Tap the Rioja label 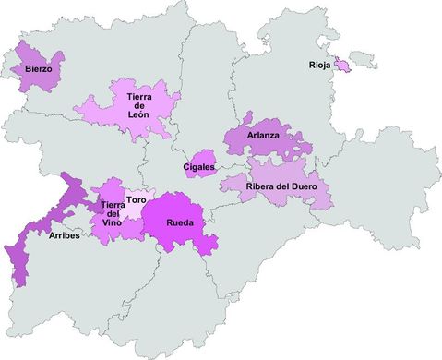pyautogui.click(x=320, y=65)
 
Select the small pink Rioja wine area pyautogui.click(x=342, y=66)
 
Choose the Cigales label pyautogui.click(x=198, y=167)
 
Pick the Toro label pyautogui.click(x=136, y=199)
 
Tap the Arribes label pyautogui.click(x=64, y=234)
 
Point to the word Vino pyautogui.click(x=112, y=223)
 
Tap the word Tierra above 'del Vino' pyautogui.click(x=113, y=204)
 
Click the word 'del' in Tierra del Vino pyautogui.click(x=112, y=214)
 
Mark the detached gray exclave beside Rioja pyautogui.click(x=364, y=60)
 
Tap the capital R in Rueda pyautogui.click(x=169, y=223)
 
